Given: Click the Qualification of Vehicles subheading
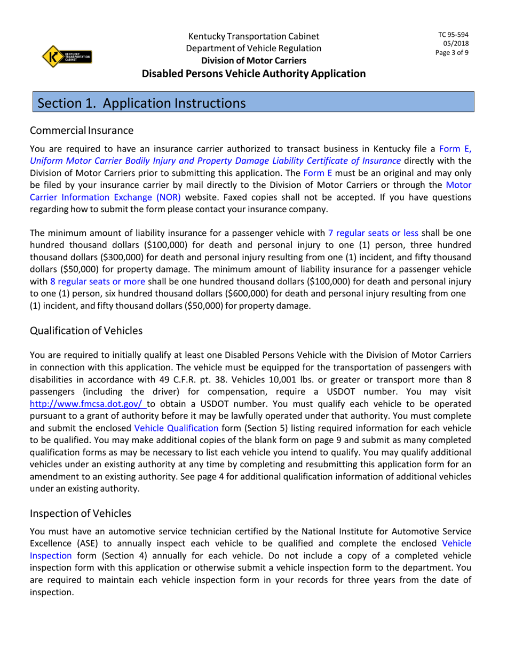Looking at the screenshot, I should point(86,331).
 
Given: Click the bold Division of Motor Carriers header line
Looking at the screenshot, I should point(253,61).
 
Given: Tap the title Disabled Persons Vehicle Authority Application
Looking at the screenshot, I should point(253,74).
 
